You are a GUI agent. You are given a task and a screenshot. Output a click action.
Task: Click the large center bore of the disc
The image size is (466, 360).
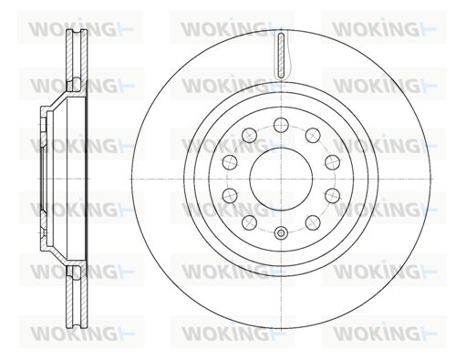[281, 179]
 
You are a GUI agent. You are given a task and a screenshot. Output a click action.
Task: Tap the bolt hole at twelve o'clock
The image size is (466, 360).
[281, 125]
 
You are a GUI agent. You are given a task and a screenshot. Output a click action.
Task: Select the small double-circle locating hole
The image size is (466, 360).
[281, 233]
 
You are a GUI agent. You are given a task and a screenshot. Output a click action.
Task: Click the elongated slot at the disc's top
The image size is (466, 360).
[281, 56]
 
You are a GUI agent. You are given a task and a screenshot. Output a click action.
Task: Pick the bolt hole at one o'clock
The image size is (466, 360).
[313, 135]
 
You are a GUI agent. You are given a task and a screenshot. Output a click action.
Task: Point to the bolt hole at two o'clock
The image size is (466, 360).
[332, 162]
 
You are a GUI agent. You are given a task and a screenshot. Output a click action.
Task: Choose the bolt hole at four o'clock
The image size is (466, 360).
[332, 196]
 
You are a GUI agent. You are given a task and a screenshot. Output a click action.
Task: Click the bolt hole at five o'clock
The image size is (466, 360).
[313, 223]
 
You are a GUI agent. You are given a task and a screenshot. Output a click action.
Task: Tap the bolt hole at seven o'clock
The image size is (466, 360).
[249, 223]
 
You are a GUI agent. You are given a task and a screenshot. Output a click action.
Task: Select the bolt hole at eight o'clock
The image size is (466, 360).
[230, 196]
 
